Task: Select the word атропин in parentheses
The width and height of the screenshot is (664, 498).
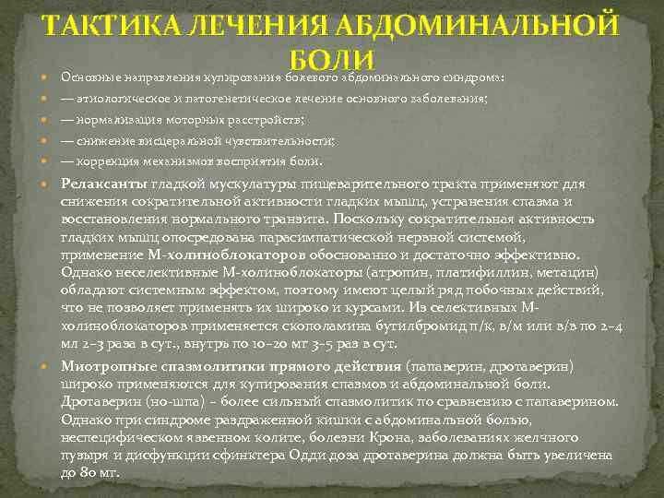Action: (x=396, y=272)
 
